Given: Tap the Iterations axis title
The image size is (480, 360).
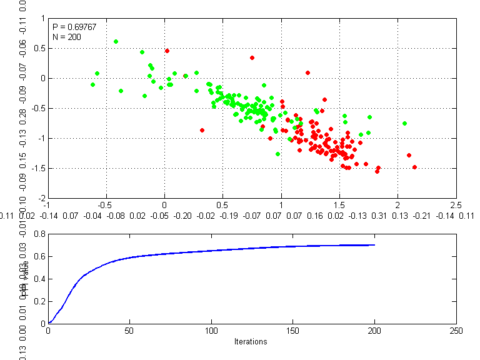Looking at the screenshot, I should click(251, 342).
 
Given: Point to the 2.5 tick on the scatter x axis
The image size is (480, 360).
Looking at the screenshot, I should click(456, 204).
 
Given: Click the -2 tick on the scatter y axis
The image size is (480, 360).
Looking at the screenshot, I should click(42, 197).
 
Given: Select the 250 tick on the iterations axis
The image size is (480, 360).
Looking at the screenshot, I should click(456, 331).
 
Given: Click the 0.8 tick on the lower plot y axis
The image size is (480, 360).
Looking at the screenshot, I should click(39, 234).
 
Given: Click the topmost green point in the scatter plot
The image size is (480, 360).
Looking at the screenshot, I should click(116, 41).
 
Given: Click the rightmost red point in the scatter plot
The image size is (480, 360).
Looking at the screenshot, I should click(414, 167).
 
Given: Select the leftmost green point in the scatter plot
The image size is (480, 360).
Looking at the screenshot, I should click(92, 84).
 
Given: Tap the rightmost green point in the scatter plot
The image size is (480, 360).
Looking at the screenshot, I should click(404, 123).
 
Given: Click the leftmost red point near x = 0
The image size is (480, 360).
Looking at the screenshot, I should click(167, 51).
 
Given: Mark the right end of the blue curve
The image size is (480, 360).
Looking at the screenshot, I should click(374, 245).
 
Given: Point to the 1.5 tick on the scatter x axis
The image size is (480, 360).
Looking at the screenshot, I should click(339, 204).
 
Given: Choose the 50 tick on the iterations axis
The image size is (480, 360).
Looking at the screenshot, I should click(129, 331).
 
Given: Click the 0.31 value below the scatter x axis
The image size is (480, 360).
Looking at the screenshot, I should click(379, 216).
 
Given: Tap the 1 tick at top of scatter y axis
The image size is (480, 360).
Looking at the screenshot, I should click(43, 18).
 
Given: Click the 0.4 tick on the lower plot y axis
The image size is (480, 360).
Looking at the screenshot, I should click(39, 279).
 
